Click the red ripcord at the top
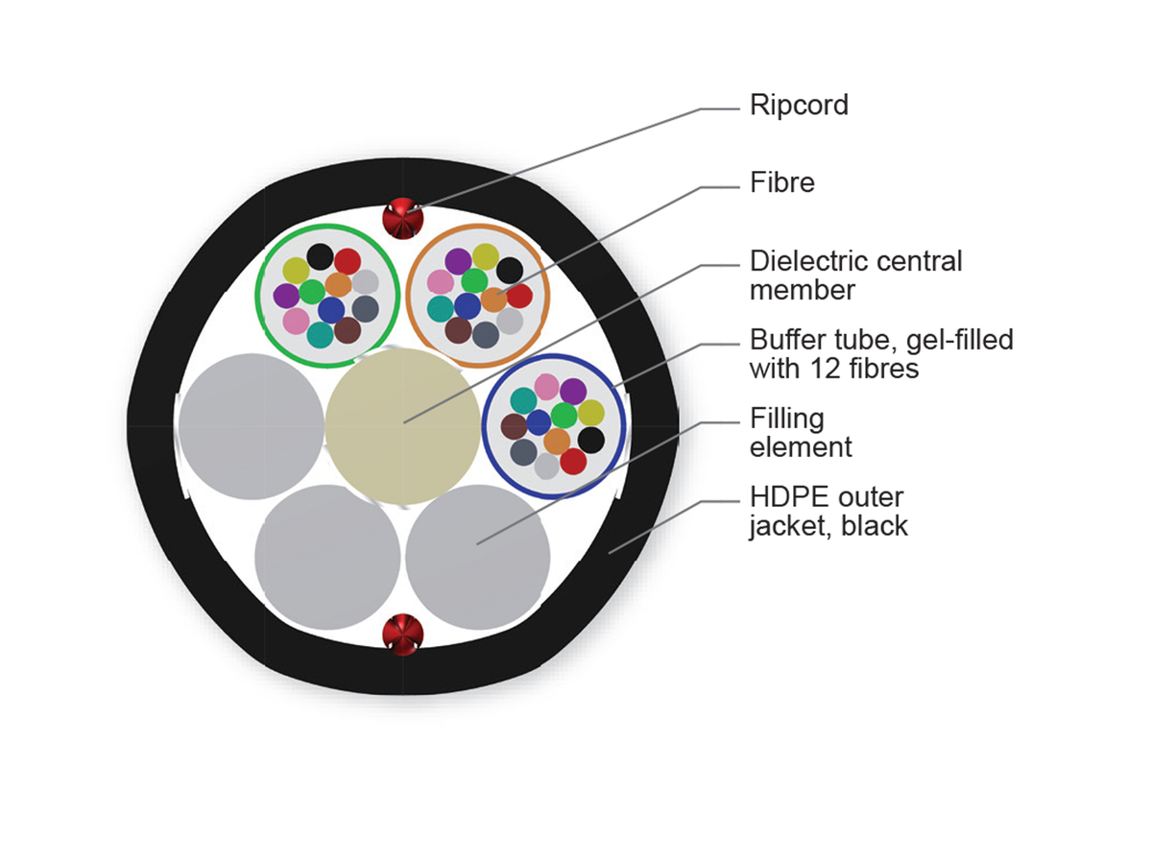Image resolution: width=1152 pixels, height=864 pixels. (x=403, y=219)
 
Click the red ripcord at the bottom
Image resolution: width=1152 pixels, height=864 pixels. (x=403, y=634)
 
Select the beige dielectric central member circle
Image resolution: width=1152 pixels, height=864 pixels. (x=402, y=425)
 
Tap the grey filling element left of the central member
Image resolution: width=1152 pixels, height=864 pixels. (x=251, y=426)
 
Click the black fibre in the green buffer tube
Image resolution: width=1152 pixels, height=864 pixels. (x=321, y=257)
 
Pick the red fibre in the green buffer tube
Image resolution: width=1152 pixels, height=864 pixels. (x=348, y=261)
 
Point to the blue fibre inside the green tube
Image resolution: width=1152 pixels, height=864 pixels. (x=331, y=309)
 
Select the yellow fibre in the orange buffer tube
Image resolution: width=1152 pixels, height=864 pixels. (x=485, y=256)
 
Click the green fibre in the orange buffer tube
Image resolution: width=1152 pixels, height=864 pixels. (x=474, y=280)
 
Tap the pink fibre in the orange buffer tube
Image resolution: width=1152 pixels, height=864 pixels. (x=440, y=282)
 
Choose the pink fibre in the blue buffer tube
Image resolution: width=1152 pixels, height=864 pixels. (x=546, y=386)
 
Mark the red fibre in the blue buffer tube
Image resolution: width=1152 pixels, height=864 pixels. (x=573, y=462)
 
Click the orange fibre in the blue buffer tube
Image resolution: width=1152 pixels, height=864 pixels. (x=557, y=442)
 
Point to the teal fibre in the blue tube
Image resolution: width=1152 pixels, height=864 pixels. (x=523, y=400)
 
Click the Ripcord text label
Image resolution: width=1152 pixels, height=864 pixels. (x=799, y=105)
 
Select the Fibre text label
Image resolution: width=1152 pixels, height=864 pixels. (x=781, y=182)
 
